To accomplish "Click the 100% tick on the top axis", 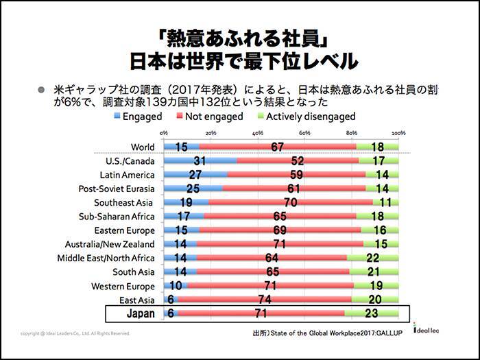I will tap(399, 132).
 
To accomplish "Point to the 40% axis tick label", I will tap(258, 132).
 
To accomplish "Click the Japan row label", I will tap(141, 314).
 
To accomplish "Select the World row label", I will tap(143, 146).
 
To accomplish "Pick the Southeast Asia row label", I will tap(125, 202).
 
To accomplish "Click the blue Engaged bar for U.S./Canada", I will tap(200, 161).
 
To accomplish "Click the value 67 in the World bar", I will tap(278, 146).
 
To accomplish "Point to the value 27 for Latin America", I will tap(195, 175).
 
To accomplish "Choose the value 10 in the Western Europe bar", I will tap(176, 286).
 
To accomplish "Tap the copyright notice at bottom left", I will tap(75, 334).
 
